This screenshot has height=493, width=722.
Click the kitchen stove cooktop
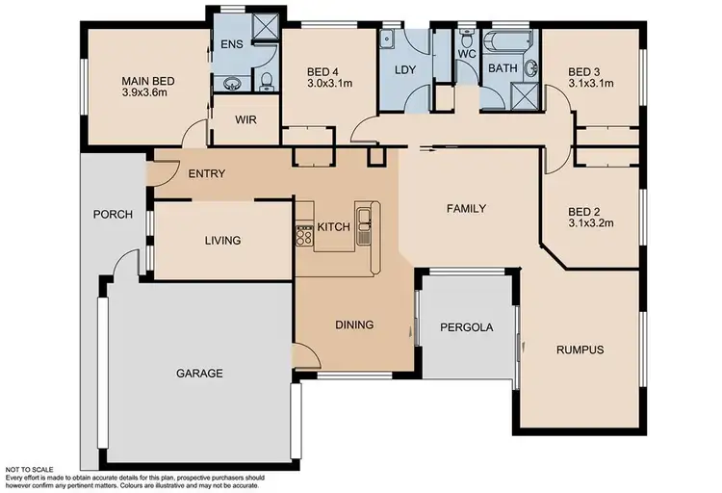pyautogui.click(x=303, y=231)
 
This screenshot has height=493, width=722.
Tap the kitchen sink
pyautogui.click(x=364, y=224)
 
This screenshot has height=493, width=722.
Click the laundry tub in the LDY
pyautogui.click(x=388, y=39)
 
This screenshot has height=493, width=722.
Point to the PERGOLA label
pyautogui.click(x=466, y=327)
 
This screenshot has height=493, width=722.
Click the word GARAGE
pyautogui.click(x=199, y=374)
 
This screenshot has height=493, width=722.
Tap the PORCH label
pyautogui.click(x=112, y=214)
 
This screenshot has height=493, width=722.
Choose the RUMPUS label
pyautogui.click(x=580, y=350)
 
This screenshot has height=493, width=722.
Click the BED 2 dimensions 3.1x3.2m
pyautogui.click(x=589, y=223)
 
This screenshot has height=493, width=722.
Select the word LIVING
pyautogui.click(x=221, y=241)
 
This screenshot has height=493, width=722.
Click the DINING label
pyautogui.click(x=353, y=324)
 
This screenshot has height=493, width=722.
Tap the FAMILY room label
pyautogui.click(x=465, y=208)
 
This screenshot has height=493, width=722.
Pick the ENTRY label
pyautogui.click(x=206, y=173)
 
